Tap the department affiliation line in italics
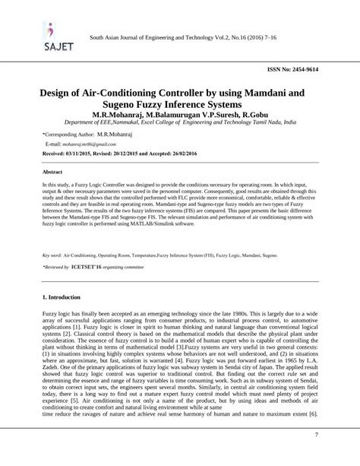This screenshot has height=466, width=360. (x=180, y=122)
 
